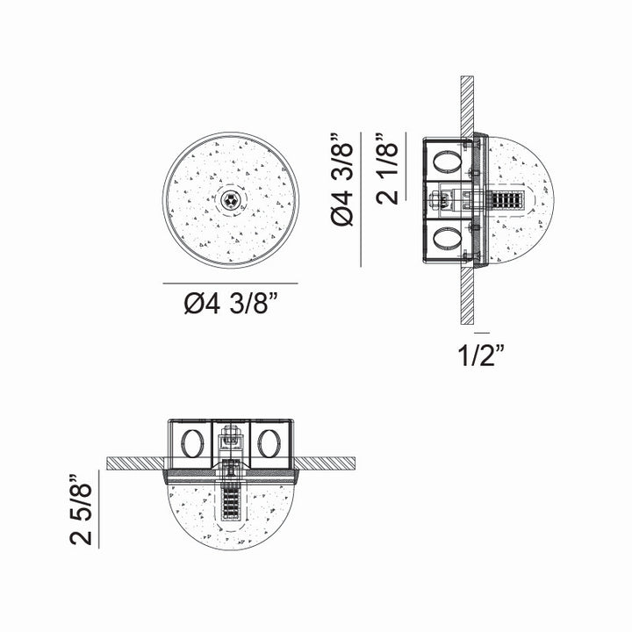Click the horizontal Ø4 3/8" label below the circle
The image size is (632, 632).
pyautogui.click(x=230, y=305)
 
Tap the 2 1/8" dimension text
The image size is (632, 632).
pyautogui.click(x=387, y=169)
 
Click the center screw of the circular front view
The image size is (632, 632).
pyautogui.click(x=231, y=199)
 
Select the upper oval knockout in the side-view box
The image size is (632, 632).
pyautogui.click(x=446, y=162)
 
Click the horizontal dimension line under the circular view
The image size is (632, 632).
pyautogui.click(x=230, y=284)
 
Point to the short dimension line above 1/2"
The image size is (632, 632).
pyautogui.click(x=481, y=334)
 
